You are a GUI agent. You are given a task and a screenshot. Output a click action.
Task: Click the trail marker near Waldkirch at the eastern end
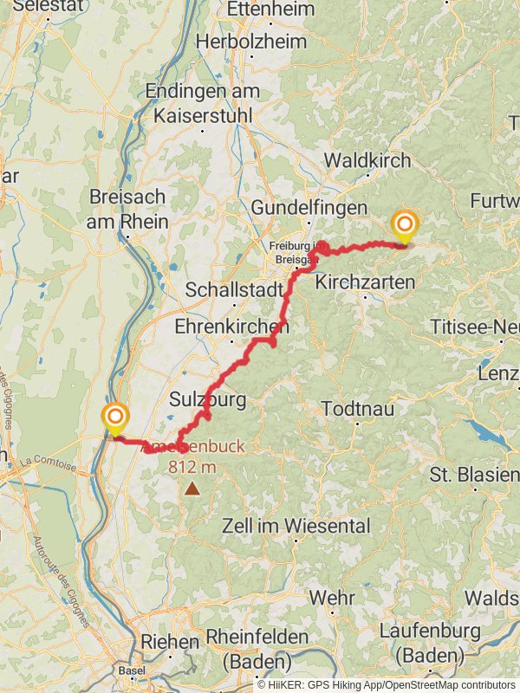(x=404, y=226)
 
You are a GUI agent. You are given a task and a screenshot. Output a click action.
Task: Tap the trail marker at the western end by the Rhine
(x=114, y=418)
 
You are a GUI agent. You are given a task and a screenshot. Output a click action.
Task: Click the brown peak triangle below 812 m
(x=191, y=489)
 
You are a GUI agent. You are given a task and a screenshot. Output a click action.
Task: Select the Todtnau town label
(x=356, y=407)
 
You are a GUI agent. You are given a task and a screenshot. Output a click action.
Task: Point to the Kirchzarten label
(x=365, y=282)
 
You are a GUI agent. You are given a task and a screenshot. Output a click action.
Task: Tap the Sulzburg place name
(x=208, y=399)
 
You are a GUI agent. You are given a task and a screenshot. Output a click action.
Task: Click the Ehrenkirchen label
(x=231, y=327)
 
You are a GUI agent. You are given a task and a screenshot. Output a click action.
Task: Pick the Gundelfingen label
(x=309, y=208)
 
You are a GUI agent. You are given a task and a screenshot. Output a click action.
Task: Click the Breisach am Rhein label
(x=129, y=209)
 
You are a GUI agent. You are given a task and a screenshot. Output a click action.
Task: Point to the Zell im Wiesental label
(x=296, y=526)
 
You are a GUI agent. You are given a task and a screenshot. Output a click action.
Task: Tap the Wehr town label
(x=331, y=598)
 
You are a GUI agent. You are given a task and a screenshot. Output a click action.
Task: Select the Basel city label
(x=132, y=671)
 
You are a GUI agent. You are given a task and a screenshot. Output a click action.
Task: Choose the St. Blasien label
(x=474, y=476)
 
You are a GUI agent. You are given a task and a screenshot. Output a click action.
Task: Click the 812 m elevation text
(x=192, y=467)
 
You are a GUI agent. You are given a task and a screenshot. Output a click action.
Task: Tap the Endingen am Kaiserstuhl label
(x=198, y=102)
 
